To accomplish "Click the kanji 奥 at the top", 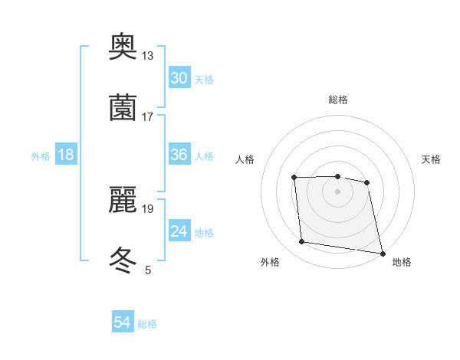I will tap(123, 48).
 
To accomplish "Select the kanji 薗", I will tap(123, 106).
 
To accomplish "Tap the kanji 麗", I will tap(123, 200).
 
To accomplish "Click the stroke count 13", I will tap(147, 56).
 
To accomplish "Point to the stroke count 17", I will tap(147, 116).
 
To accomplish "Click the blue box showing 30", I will tap(179, 78).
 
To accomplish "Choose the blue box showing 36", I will tap(179, 155).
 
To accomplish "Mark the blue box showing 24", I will tap(179, 231).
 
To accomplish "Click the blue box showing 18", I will tap(65, 155).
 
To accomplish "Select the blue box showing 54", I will tap(122, 322).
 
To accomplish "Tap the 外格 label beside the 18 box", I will tap(41, 156).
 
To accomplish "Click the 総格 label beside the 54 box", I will tap(147, 324).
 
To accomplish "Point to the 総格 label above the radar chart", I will tap(337, 100).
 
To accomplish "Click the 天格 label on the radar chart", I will tap(432, 159).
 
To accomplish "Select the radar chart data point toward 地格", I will tap(382, 252).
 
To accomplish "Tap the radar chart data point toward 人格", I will tap(294, 178).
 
